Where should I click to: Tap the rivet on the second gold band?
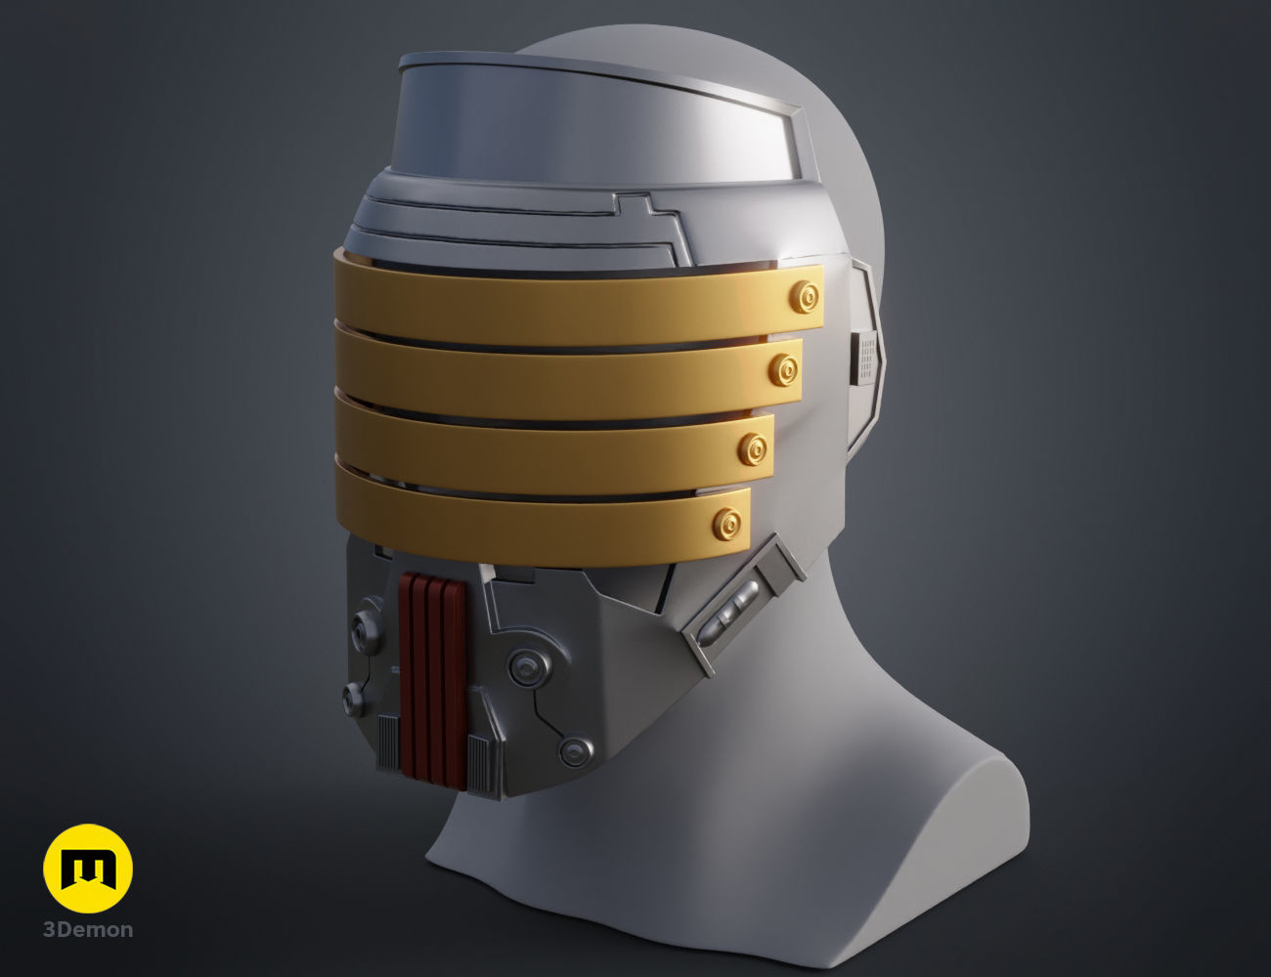pyautogui.click(x=783, y=369)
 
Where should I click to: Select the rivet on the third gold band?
pyautogui.click(x=754, y=447)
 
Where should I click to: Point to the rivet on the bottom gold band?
pyautogui.click(x=726, y=523)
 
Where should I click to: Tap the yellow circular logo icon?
pyautogui.click(x=88, y=869)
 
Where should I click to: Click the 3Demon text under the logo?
pyautogui.click(x=88, y=929)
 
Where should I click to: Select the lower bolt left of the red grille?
pyautogui.click(x=354, y=696)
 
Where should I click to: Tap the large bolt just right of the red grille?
pyautogui.click(x=526, y=669)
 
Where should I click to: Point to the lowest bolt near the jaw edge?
pyautogui.click(x=575, y=751)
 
